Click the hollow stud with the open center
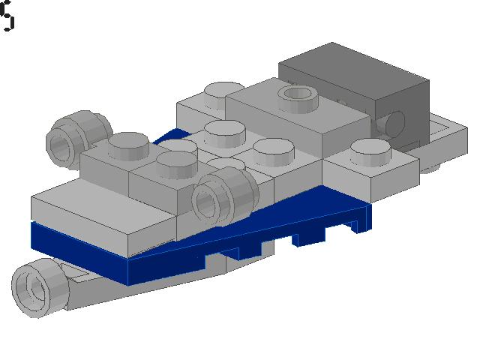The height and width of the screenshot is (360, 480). point(296,95)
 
